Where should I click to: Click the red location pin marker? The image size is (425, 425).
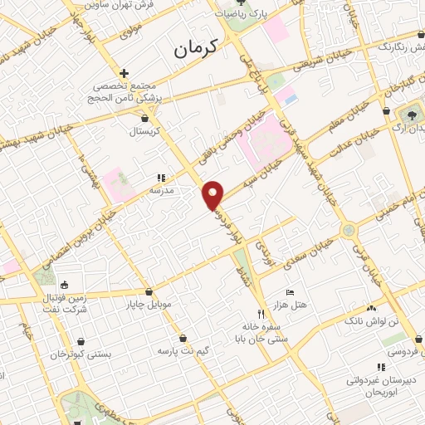pyautogui.click(x=214, y=194)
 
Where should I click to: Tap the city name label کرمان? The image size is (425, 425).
pyautogui.click(x=195, y=49)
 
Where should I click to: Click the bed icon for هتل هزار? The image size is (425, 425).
pyautogui.click(x=289, y=293)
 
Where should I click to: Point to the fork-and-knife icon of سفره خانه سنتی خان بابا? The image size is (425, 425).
pyautogui.click(x=261, y=314)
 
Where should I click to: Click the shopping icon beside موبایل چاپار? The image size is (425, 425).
pyautogui.click(x=149, y=292)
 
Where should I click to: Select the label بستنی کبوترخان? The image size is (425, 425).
pyautogui.click(x=81, y=354)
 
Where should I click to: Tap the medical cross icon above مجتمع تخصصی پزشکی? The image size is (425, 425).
pyautogui.click(x=124, y=73)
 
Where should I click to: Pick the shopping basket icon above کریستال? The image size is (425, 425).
pyautogui.click(x=145, y=119)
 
